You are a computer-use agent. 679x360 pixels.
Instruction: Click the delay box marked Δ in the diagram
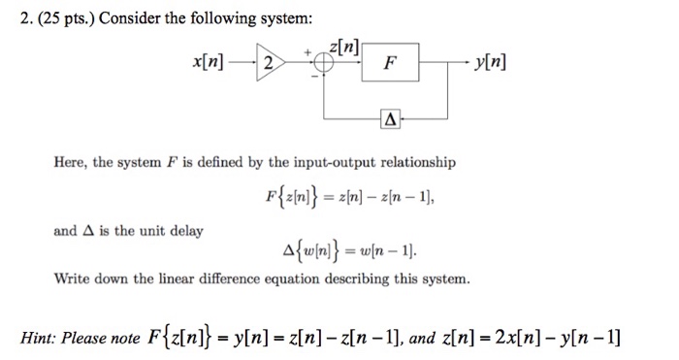[390, 122]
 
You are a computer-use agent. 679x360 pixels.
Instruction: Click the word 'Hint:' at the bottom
[44, 338]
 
